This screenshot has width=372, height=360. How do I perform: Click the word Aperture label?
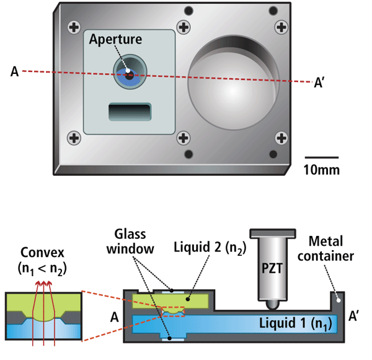point(115,40)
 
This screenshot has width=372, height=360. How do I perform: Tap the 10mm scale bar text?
point(322,169)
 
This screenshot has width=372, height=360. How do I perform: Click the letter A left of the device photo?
point(14,73)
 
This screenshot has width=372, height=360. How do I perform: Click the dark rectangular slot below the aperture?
point(130,112)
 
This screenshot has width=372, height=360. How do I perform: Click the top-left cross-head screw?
point(74,27)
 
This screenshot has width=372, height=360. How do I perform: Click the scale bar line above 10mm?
point(322,158)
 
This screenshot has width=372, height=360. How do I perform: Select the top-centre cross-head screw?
point(183,27)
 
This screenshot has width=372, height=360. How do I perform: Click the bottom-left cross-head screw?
point(74,137)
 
